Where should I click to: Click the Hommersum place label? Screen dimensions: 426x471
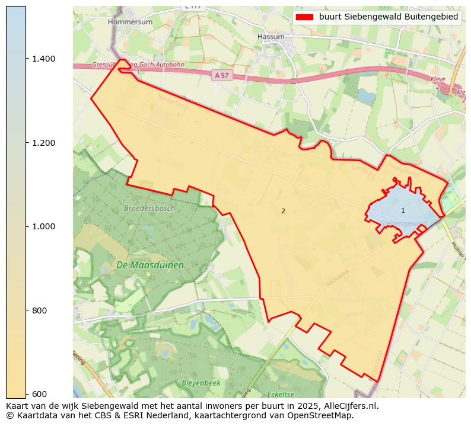130,22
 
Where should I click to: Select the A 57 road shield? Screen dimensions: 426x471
221,75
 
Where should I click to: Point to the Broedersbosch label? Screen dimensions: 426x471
149,209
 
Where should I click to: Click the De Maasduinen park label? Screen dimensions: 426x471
150,265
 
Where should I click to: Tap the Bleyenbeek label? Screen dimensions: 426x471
201,383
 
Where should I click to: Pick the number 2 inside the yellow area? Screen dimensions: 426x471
283,212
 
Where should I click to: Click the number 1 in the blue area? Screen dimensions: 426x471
403,211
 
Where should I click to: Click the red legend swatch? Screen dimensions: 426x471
304,17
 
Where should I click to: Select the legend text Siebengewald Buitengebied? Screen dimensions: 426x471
389,17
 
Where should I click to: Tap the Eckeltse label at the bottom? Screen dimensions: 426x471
281,395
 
